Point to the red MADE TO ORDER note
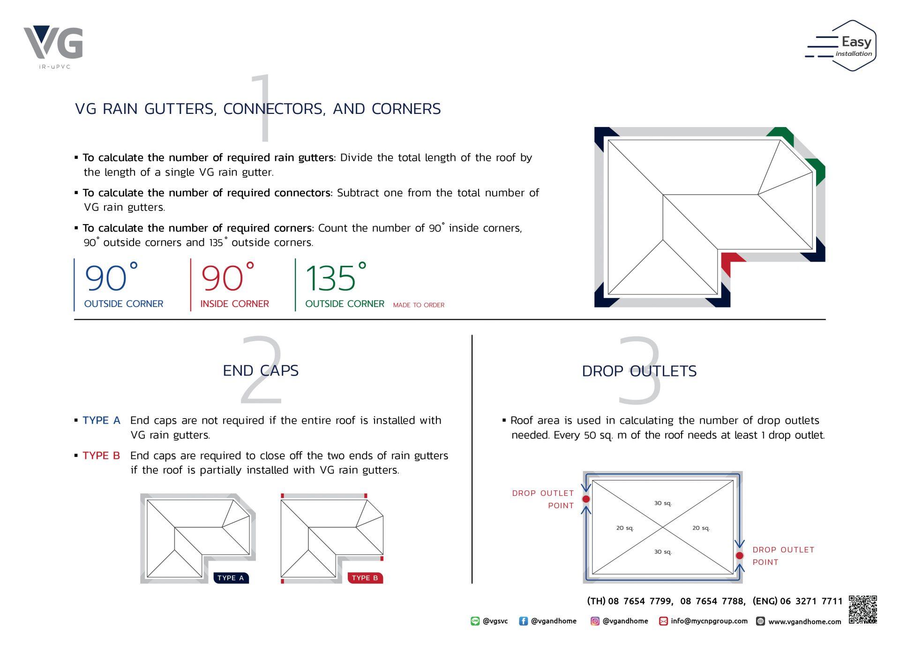pyautogui.click(x=419, y=305)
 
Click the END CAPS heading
pyautogui.click(x=261, y=370)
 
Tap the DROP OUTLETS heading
pyautogui.click(x=639, y=371)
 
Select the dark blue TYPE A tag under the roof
pyautogui.click(x=231, y=578)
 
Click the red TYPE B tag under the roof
pyautogui.click(x=365, y=578)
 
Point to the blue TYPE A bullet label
pyautogui.click(x=101, y=420)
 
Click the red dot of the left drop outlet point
pyautogui.click(x=586, y=499)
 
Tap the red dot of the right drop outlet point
pyautogui.click(x=740, y=555)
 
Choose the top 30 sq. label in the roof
pyautogui.click(x=663, y=503)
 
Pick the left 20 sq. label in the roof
pyautogui.click(x=625, y=528)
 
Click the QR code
pyautogui.click(x=862, y=609)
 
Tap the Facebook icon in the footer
pyautogui.click(x=523, y=621)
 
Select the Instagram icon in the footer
pyautogui.click(x=595, y=621)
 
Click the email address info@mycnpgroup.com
pyautogui.click(x=709, y=621)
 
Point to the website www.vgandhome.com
pyautogui.click(x=804, y=622)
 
